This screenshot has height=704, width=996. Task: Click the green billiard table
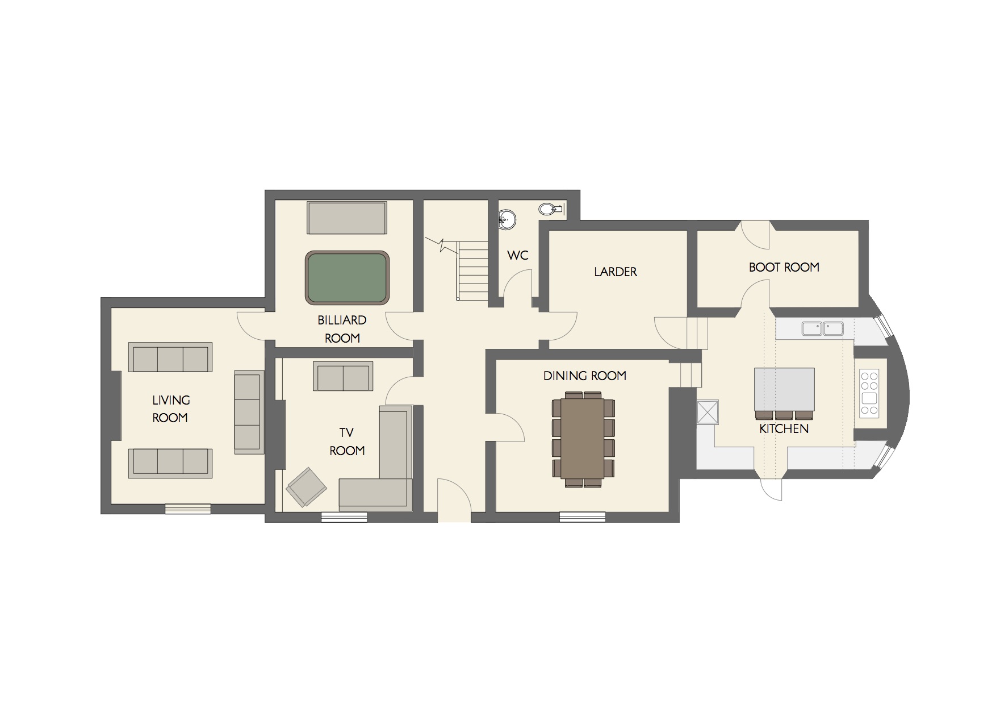347,277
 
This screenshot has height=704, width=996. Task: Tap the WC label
517,256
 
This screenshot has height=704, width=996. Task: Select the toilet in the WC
549,209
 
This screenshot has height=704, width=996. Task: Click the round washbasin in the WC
507,219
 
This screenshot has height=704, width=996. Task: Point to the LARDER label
616,272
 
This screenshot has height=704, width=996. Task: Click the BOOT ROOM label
784,267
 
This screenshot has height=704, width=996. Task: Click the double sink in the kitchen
822,328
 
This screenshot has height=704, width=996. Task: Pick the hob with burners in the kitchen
869,394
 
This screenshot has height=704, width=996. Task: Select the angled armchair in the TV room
306,486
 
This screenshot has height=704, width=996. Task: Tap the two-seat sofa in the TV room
343,376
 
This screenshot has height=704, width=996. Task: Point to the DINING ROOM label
584,376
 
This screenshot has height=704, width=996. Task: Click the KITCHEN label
784,429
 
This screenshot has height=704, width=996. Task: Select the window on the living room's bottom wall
187,509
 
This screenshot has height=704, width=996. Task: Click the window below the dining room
582,517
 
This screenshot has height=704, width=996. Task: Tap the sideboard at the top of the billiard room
347,217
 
